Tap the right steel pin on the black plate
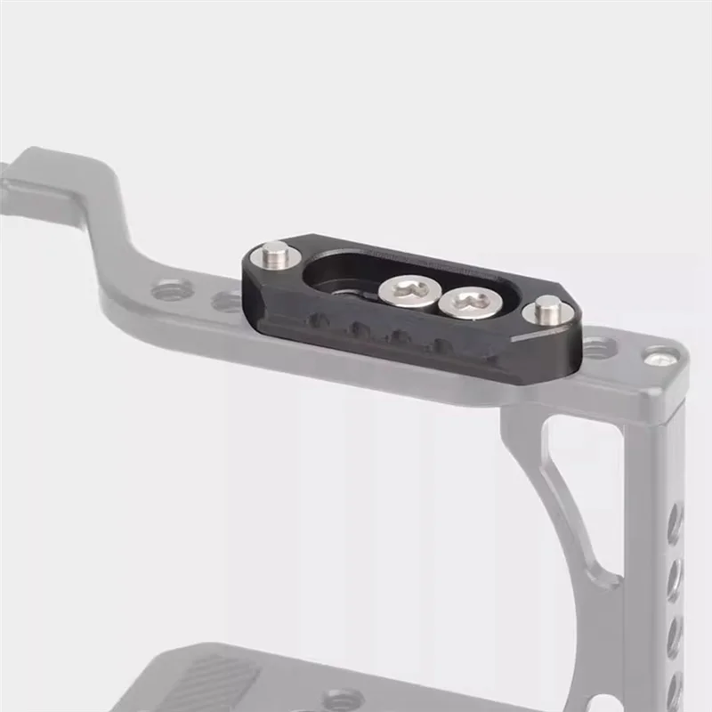click(546, 311)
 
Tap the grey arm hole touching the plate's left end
click(228, 302)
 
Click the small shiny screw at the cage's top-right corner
click(659, 358)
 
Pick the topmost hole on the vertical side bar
click(675, 521)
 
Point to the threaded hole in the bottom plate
click(344, 698)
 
